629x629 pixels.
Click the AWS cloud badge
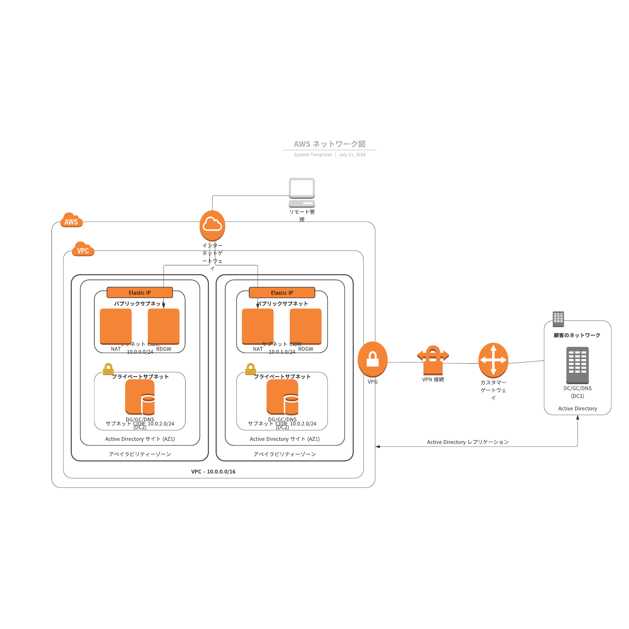(71, 221)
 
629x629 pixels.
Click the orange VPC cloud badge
(83, 249)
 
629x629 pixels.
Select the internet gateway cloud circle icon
(212, 225)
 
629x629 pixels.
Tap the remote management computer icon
(302, 193)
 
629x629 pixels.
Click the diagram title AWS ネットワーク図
(329, 144)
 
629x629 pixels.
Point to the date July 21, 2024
(352, 155)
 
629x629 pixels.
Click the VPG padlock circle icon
(372, 359)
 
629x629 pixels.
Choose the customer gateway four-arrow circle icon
(493, 360)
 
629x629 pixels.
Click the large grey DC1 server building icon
(577, 365)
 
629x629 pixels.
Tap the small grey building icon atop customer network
(558, 319)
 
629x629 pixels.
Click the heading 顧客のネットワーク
(577, 335)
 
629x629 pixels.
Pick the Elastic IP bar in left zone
(140, 292)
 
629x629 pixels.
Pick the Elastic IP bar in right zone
(282, 292)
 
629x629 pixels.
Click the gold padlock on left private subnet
(108, 369)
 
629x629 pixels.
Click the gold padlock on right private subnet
(250, 369)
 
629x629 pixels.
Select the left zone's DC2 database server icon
(140, 397)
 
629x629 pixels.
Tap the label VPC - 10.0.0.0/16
(213, 471)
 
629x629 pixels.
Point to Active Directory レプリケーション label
(467, 442)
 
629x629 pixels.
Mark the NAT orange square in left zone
(116, 326)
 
